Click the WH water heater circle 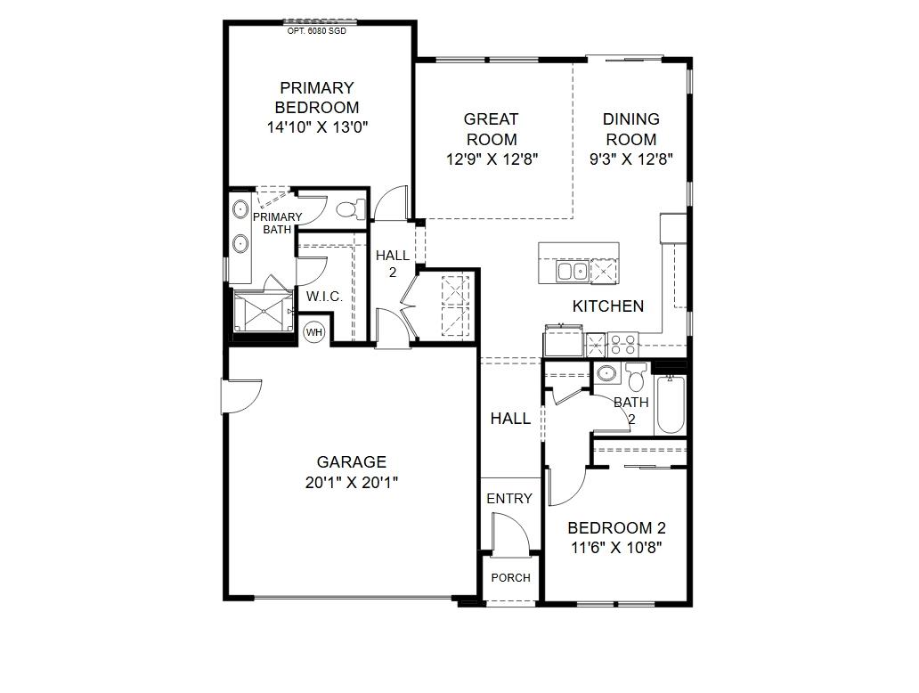pos(314,332)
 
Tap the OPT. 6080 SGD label pos(316,31)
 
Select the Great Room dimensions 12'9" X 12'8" pos(492,159)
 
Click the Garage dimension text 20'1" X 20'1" pos(351,483)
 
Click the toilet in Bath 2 pos(636,378)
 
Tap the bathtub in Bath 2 pos(671,405)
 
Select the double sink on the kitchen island pos(573,271)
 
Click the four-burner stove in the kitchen pos(622,345)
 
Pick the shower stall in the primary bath pos(264,311)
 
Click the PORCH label pos(510,577)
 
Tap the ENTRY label pos(509,498)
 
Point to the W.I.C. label pos(324,297)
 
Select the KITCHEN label pos(608,306)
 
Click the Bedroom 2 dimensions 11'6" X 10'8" pos(616,548)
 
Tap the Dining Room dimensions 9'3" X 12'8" pos(630,159)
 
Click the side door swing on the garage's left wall pos(241,397)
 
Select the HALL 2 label pos(392,264)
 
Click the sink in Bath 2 pos(606,373)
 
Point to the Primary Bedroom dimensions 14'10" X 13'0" pos(317,127)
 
